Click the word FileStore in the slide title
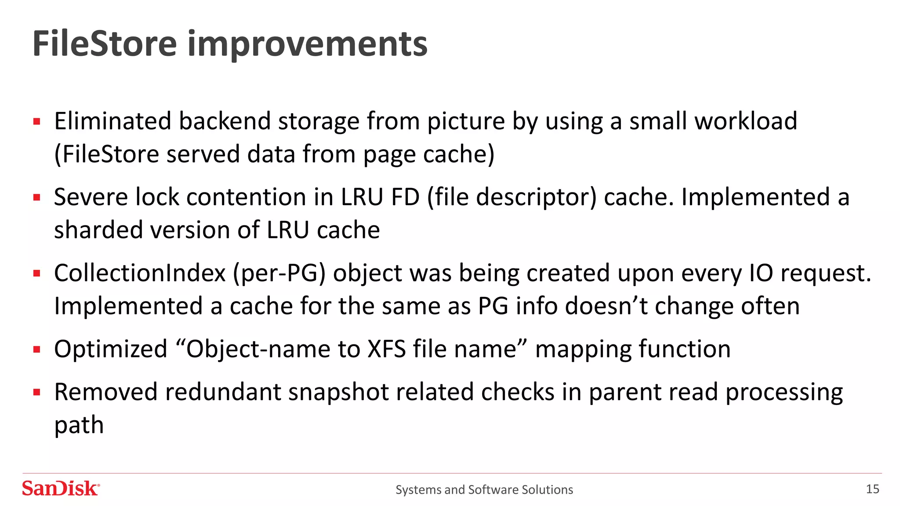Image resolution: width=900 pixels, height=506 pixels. (x=105, y=44)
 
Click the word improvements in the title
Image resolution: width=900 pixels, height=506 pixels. (x=307, y=45)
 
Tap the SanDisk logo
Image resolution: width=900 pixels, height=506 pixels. (x=61, y=488)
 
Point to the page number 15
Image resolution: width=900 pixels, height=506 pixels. (x=872, y=489)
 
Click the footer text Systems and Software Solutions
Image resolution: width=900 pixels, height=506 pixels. (x=484, y=490)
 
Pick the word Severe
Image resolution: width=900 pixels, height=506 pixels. (x=91, y=197)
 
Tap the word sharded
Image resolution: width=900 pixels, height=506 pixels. (x=98, y=230)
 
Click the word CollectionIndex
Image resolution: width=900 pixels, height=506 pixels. (x=140, y=273)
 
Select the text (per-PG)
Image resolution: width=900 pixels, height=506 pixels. (x=279, y=273)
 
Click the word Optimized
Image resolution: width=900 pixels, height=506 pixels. (x=111, y=349)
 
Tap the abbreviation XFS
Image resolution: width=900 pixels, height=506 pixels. (x=386, y=349)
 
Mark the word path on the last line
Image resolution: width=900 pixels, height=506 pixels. (x=79, y=425)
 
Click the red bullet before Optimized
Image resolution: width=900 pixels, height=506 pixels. (x=37, y=350)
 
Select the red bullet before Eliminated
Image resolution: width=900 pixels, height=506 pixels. (x=37, y=122)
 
